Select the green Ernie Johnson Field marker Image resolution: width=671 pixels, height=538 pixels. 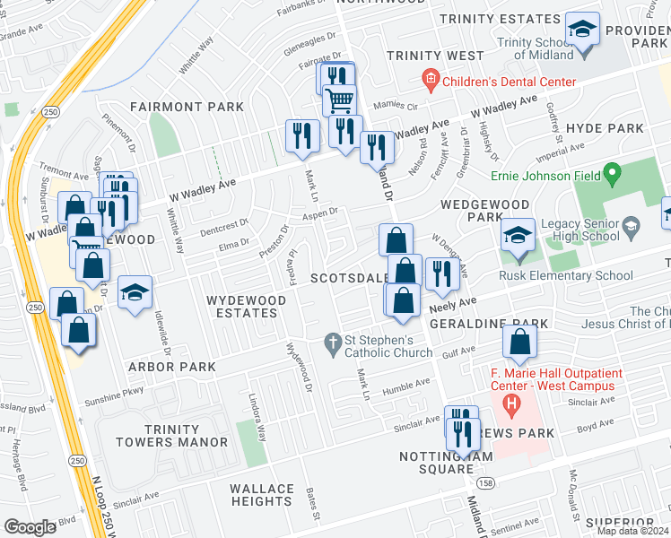(x=613, y=170)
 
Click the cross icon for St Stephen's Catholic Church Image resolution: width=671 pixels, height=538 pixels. (x=332, y=341)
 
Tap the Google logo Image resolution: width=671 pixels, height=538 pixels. (x=29, y=527)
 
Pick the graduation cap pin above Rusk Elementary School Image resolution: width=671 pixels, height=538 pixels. (x=518, y=236)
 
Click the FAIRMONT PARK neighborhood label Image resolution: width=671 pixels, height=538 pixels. (x=187, y=107)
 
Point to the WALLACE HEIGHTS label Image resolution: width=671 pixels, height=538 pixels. (x=262, y=495)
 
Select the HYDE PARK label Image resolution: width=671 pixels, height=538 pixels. (x=605, y=129)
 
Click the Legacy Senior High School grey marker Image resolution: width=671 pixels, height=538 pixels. (x=631, y=223)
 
